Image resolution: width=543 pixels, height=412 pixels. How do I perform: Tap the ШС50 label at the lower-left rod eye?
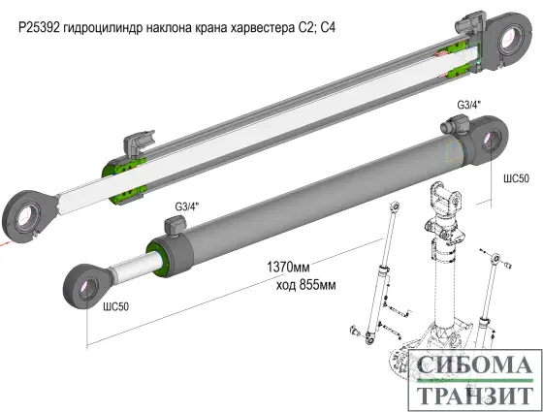(115, 305)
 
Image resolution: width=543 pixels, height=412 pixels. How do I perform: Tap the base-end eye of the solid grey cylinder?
(490, 137)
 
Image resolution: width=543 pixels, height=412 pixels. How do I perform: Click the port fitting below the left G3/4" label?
(176, 226)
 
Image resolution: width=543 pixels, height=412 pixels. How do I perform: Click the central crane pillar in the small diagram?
(440, 281)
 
